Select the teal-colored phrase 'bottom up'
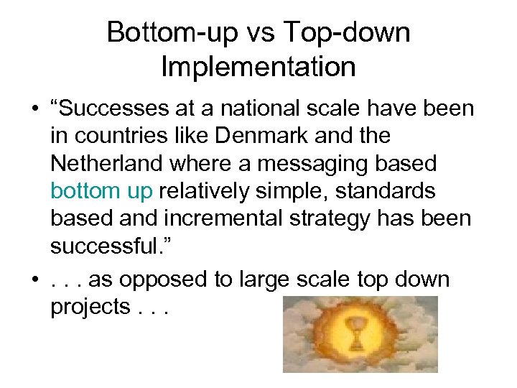point(102,190)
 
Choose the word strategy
point(334,218)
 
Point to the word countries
point(118,136)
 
